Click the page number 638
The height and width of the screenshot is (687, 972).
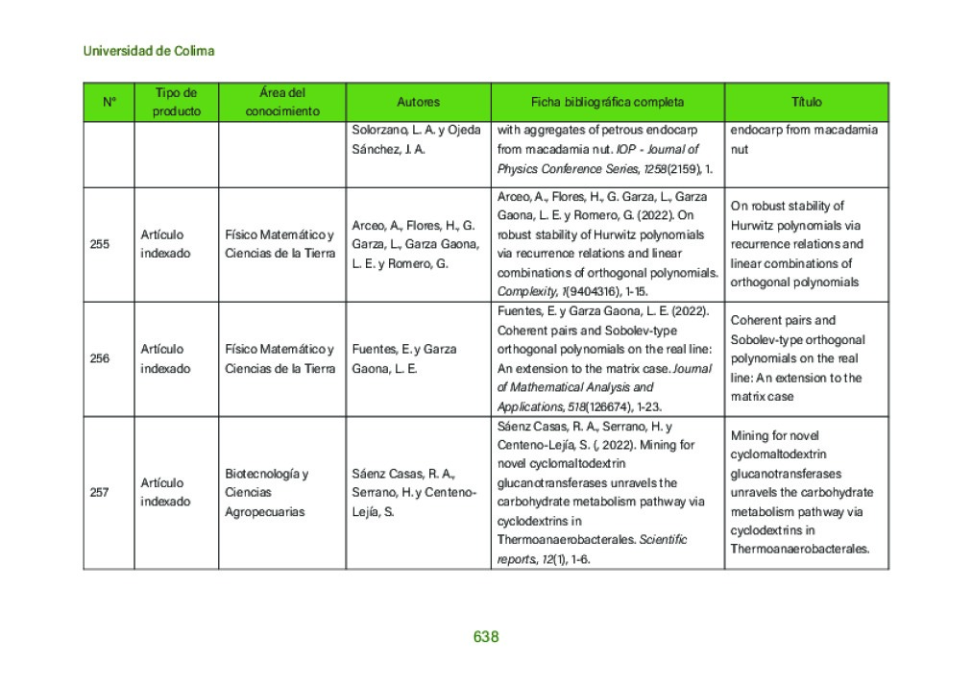tap(485, 637)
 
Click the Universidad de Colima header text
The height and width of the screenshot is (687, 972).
tap(149, 51)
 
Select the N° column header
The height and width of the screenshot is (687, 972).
tap(109, 102)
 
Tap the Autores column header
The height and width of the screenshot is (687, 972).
tap(418, 102)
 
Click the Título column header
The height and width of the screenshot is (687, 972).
tap(806, 102)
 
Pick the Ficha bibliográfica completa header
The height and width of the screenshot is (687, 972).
tap(607, 102)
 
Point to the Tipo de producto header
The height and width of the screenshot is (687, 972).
tap(177, 102)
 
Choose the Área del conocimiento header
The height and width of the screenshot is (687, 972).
tap(282, 102)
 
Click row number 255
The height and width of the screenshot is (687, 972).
tap(100, 244)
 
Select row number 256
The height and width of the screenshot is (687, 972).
tap(100, 358)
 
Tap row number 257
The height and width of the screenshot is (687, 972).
tap(100, 492)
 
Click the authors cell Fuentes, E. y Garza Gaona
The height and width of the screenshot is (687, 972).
tap(404, 358)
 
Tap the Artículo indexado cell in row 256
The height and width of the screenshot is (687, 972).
tap(165, 358)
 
